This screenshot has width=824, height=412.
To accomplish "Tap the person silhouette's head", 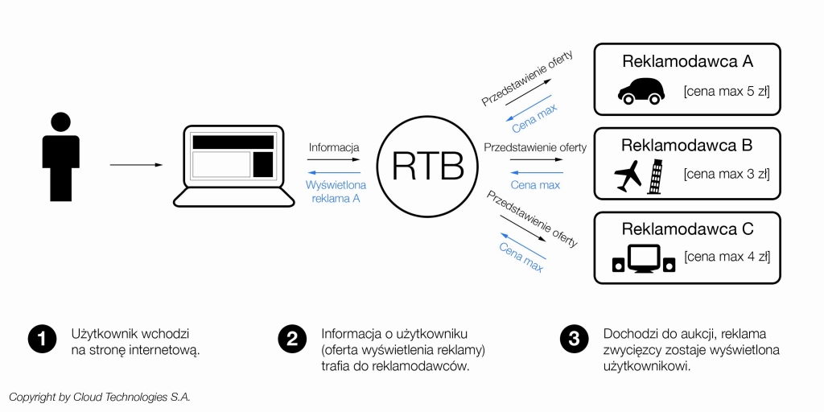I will pyautogui.click(x=60, y=122).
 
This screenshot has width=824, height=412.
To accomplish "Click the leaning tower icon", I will pyautogui.click(x=657, y=175).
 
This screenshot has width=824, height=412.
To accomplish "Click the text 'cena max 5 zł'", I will pyautogui.click(x=727, y=92).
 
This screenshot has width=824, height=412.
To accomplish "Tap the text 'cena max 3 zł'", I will pyautogui.click(x=727, y=173).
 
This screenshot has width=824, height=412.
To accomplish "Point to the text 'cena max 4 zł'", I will pyautogui.click(x=727, y=257).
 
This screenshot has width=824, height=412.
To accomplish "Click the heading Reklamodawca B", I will pyautogui.click(x=686, y=146).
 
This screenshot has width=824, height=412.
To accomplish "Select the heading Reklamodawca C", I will pyautogui.click(x=686, y=229).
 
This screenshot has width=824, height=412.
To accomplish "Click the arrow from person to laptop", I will pyautogui.click(x=136, y=165).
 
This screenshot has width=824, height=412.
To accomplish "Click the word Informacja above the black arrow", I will pyautogui.click(x=334, y=148).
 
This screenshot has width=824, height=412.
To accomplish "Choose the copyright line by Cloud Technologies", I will pyautogui.click(x=100, y=397).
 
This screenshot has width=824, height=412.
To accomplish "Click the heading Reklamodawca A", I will pyautogui.click(x=686, y=62).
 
